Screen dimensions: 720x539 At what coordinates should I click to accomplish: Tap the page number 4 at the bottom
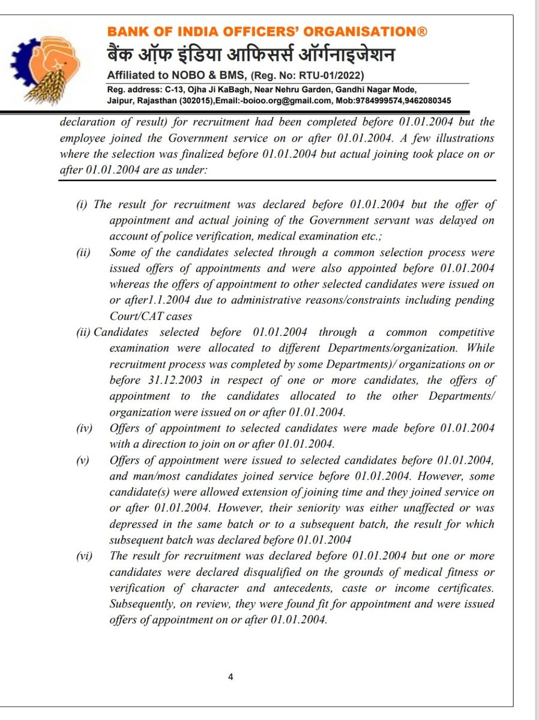[230, 677]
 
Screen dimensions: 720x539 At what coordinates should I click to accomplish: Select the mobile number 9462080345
[430, 100]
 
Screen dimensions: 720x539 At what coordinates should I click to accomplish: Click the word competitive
[461, 332]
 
